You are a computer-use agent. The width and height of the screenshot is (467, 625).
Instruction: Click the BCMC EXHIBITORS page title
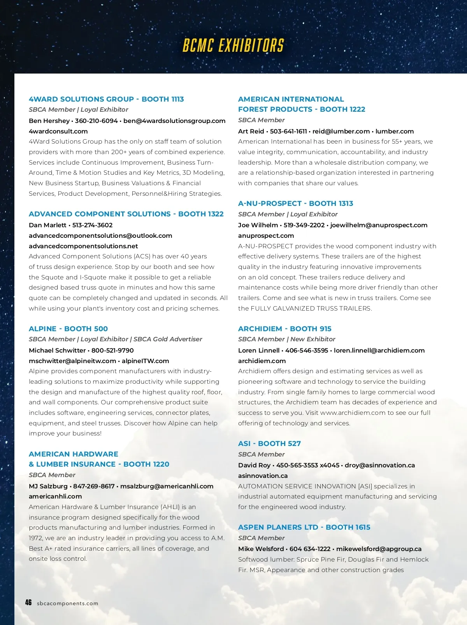coord(233,46)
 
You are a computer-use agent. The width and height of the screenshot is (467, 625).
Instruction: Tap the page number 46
coord(28,602)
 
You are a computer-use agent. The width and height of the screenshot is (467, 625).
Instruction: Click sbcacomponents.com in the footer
coord(68,604)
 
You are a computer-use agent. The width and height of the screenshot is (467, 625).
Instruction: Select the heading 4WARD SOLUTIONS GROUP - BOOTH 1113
coord(106,99)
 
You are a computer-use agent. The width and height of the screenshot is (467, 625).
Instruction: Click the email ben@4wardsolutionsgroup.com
coord(174,121)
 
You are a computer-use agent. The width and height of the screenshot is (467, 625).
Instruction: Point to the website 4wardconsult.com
coord(58,131)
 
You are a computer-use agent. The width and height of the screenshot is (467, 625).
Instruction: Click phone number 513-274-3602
coord(93,225)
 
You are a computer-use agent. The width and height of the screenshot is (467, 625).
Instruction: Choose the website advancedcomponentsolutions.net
coord(83,246)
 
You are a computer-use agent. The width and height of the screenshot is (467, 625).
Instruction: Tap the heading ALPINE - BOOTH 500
coord(68,329)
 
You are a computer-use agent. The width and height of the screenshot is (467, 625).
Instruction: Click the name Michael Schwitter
coord(57,350)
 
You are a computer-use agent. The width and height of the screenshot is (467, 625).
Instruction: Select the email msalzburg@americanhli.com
coord(167,486)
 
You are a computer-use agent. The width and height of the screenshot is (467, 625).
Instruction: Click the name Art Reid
coord(251,131)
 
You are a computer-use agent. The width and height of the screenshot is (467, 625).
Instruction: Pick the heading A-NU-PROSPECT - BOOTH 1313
coord(295,204)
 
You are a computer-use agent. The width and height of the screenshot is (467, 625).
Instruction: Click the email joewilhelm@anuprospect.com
coord(379,225)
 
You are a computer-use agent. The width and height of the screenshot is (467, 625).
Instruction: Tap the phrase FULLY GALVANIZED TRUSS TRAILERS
coord(311,308)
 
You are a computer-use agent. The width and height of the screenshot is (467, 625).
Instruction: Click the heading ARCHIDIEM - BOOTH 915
coord(284,329)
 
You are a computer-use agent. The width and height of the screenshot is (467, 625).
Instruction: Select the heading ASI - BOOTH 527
coord(269,444)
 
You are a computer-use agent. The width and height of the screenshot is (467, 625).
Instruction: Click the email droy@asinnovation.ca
coord(380,465)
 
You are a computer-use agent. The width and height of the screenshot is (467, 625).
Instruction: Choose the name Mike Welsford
coord(261,549)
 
